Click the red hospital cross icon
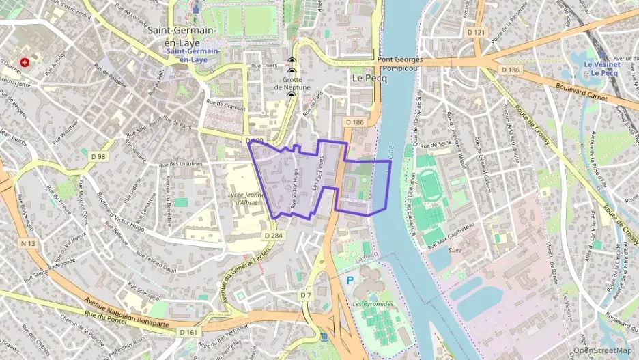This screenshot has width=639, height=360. coord(25,62)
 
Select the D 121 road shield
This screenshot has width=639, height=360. coord(476,32)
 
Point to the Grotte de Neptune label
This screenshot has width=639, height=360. coord(292,83)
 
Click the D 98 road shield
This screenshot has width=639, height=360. coord(98,157)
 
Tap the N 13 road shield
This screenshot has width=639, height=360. coord(28,243)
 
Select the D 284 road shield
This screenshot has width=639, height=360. coord(273,235)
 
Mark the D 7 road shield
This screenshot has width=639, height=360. coord(305,295)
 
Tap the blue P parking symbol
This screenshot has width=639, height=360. coord(350,280)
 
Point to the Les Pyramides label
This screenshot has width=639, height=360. coord(373,303)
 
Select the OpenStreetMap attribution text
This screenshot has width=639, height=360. coord(602,350)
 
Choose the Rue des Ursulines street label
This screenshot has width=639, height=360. coord(180,165)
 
